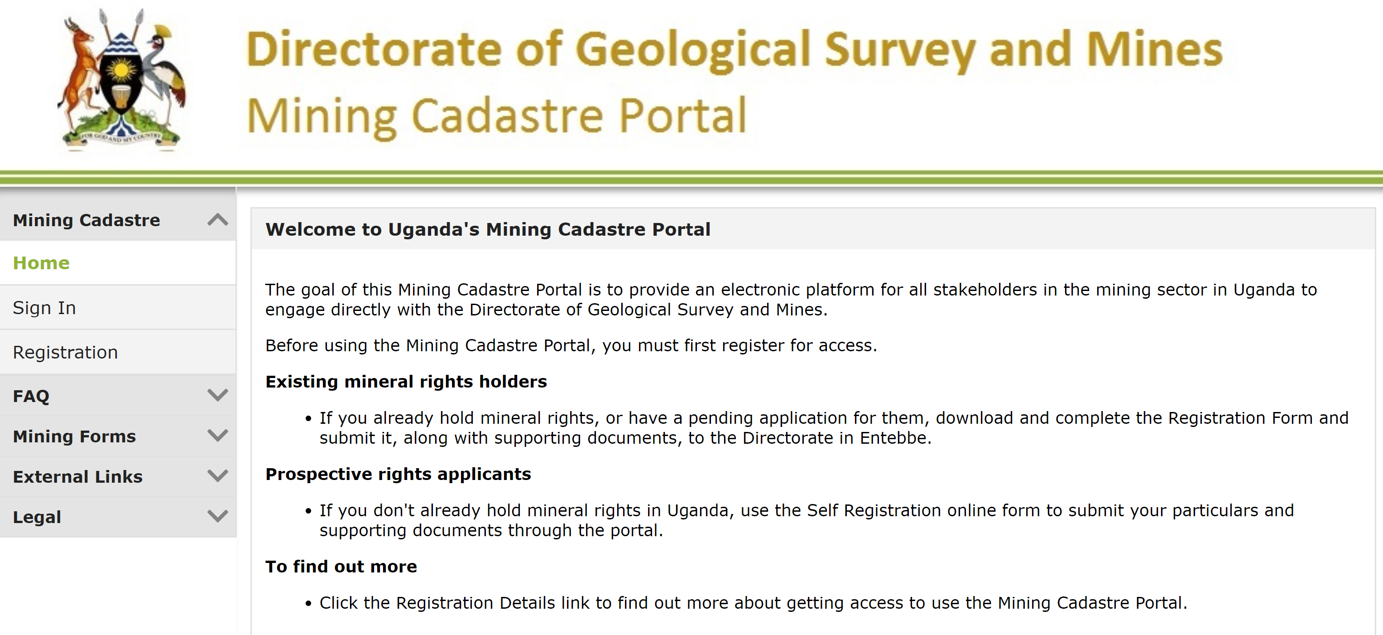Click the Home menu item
tap(41, 263)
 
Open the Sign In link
tap(44, 308)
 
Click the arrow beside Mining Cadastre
tap(217, 220)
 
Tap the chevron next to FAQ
tap(217, 395)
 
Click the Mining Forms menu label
tap(74, 436)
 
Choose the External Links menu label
tap(77, 476)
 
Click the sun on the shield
tap(122, 70)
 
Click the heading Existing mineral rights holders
tap(406, 382)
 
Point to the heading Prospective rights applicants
tap(398, 474)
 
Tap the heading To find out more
tap(341, 566)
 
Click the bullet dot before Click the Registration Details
tap(308, 604)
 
